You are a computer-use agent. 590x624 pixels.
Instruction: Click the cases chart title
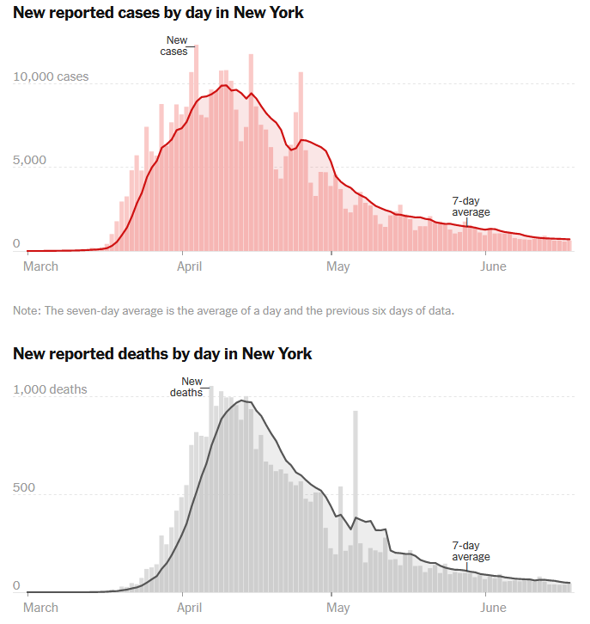(158, 13)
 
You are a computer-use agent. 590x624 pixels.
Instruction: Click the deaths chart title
(162, 353)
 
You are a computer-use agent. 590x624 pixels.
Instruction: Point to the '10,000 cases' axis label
(51, 76)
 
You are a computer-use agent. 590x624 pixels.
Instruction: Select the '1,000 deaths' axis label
(50, 389)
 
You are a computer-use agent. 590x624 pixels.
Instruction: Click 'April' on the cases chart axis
(189, 266)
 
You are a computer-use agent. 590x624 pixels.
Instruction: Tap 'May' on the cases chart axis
(338, 266)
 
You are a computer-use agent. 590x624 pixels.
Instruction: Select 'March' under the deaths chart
(40, 608)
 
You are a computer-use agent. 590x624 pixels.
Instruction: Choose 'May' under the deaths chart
(338, 608)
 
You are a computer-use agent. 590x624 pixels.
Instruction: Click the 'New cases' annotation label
(175, 46)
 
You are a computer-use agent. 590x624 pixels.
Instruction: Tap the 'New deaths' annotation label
(191, 387)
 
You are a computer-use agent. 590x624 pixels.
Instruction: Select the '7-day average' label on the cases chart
(471, 206)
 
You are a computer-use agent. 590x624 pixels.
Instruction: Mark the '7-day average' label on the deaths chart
(471, 551)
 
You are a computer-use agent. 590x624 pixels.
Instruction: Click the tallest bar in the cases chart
(196, 146)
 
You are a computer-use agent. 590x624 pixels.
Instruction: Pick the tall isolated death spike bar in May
(356, 499)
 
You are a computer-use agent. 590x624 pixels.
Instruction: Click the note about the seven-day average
(233, 310)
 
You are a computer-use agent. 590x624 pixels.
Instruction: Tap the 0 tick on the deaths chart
(16, 585)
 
